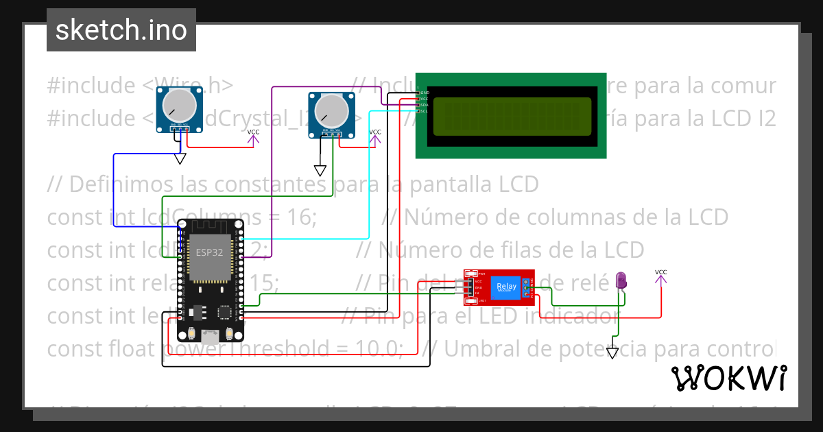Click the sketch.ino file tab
click(x=121, y=30)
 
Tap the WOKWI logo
click(x=728, y=379)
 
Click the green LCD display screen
click(x=510, y=116)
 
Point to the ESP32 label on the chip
click(x=210, y=252)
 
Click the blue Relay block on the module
click(x=505, y=287)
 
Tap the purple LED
click(x=621, y=280)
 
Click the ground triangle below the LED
click(x=612, y=353)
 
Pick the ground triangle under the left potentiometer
click(x=180, y=159)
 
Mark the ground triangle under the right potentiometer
click(x=320, y=170)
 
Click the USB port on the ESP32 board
click(x=210, y=335)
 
